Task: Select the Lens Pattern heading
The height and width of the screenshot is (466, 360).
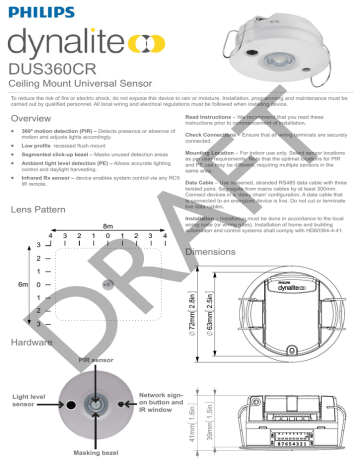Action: tap(43, 212)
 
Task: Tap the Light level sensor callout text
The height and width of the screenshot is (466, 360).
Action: tap(31, 402)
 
